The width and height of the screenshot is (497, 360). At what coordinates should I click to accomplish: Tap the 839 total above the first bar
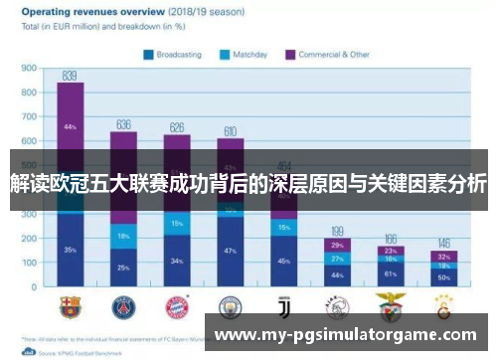point(70,76)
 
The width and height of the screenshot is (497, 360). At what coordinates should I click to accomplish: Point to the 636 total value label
point(123,124)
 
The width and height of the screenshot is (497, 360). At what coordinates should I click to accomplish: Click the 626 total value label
point(177,126)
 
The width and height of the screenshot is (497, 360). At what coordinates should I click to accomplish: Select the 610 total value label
point(230,130)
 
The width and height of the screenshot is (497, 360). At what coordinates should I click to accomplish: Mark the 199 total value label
point(338,230)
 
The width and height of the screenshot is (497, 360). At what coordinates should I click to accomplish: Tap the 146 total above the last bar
point(444,242)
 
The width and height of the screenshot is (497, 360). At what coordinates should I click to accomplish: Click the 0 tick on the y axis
point(34,286)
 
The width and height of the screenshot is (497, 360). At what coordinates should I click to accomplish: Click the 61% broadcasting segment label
point(391,272)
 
